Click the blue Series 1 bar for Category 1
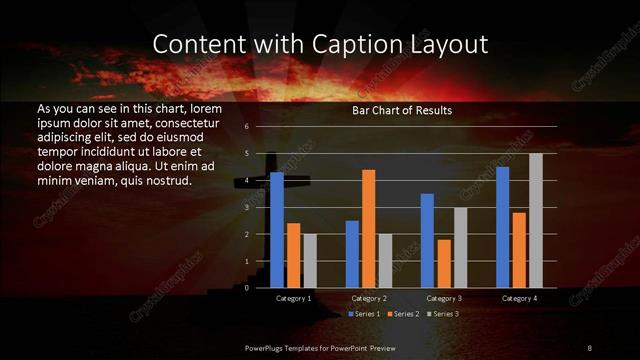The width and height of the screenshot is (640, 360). tap(277, 230)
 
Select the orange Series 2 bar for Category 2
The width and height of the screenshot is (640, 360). tap(369, 228)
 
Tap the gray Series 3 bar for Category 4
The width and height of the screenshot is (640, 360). tap(535, 220)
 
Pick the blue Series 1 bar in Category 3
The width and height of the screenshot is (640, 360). tap(428, 240)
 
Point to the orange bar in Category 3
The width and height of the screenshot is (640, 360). tap(444, 263)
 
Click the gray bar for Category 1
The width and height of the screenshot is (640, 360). tap(310, 260)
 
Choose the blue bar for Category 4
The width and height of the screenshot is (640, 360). tap(503, 227)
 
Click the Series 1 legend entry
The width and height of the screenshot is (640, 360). tap(364, 314)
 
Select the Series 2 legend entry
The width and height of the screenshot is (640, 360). tap(402, 314)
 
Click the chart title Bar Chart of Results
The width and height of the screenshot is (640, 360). tap(402, 110)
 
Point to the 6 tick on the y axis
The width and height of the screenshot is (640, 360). tap(246, 127)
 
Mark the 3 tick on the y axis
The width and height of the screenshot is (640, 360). tap(246, 207)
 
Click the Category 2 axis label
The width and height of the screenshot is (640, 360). tap(369, 298)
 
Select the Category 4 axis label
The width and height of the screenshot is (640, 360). tap(519, 298)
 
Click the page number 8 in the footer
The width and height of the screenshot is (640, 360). tap(589, 347)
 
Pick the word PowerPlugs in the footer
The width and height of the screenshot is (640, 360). tap(268, 347)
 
